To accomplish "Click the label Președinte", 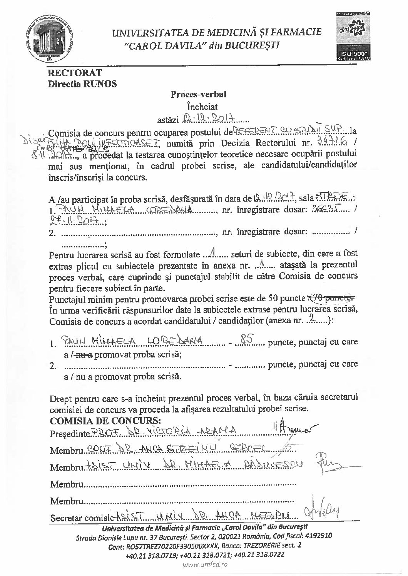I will coord(69,434).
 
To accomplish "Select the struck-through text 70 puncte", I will coord(332,298).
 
